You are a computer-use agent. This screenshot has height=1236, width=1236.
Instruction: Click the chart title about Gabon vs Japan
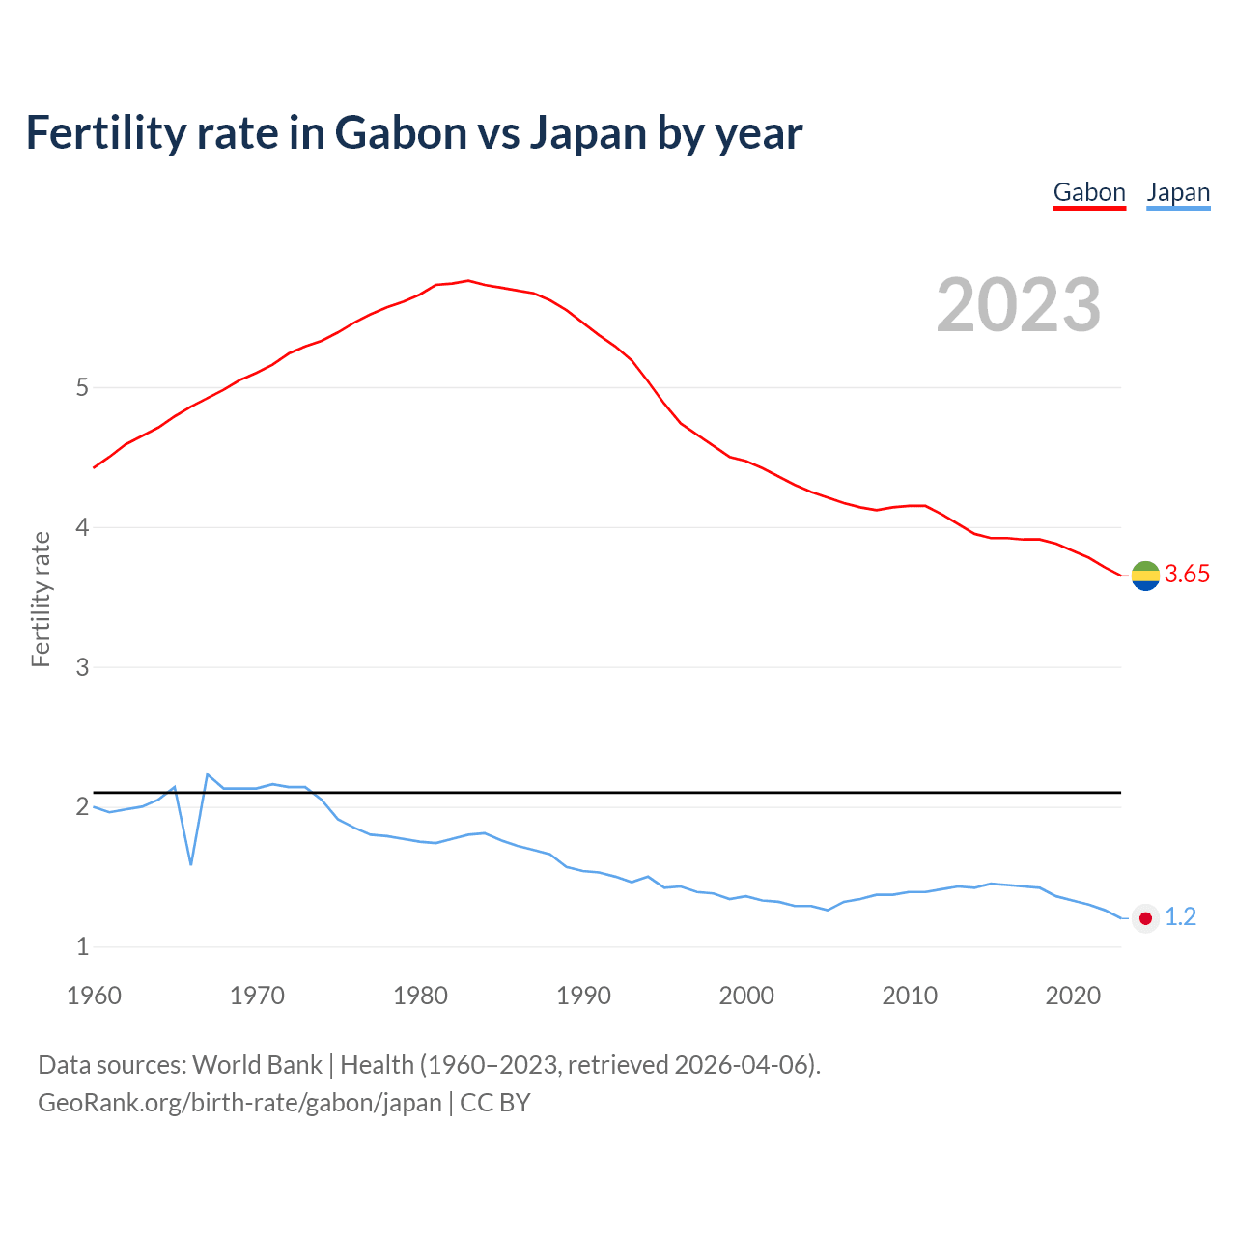[x=413, y=133]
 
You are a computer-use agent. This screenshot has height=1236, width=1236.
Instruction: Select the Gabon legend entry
[x=1089, y=193]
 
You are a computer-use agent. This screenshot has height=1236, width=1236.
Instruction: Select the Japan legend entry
[x=1178, y=193]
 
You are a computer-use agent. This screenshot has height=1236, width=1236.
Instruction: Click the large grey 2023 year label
[x=1019, y=305]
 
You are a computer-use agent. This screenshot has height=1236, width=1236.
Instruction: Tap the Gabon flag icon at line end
[x=1145, y=576]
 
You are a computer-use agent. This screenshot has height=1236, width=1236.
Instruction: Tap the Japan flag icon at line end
[x=1145, y=918]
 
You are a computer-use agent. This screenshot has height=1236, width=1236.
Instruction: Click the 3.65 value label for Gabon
[x=1187, y=575]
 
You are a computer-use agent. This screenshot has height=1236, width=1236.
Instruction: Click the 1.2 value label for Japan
[x=1180, y=917]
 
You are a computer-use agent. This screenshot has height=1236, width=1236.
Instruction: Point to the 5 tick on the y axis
[x=82, y=388]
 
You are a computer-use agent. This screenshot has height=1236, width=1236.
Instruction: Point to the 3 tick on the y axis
[x=82, y=667]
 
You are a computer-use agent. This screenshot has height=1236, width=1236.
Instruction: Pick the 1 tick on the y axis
[x=82, y=947]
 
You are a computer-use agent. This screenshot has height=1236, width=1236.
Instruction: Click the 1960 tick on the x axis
[x=94, y=996]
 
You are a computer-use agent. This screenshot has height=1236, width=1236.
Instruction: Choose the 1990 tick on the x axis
[x=583, y=996]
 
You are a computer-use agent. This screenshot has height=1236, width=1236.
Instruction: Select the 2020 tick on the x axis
[x=1073, y=996]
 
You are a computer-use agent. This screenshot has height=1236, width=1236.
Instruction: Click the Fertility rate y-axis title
[x=41, y=599]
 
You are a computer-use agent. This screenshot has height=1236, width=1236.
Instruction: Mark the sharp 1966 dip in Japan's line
[x=191, y=863]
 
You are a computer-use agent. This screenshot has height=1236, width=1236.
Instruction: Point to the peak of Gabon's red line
[x=467, y=281]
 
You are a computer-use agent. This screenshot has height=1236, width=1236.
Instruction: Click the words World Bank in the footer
[x=257, y=1065]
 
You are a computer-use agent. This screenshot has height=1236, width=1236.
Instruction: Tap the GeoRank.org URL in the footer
[x=239, y=1103]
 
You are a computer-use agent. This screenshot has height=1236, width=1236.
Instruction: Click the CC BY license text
[x=495, y=1103]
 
